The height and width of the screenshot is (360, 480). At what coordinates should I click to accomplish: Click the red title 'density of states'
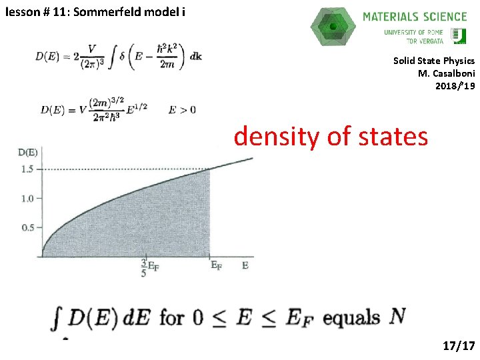click(331, 136)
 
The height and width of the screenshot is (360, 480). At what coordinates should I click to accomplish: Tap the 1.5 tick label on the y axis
click(27, 169)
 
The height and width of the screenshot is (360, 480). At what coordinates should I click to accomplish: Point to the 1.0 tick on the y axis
click(27, 198)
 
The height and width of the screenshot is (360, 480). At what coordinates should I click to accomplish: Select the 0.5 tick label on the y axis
click(27, 227)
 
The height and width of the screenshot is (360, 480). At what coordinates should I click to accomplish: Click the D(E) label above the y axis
click(27, 153)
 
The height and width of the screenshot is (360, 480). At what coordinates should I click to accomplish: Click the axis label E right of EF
click(245, 265)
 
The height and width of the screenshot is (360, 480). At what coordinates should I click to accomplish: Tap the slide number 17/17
click(459, 345)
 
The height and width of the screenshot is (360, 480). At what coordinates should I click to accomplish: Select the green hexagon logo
click(333, 27)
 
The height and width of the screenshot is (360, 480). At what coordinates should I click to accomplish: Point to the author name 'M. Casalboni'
click(446, 73)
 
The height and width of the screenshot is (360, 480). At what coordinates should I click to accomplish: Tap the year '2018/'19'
click(455, 85)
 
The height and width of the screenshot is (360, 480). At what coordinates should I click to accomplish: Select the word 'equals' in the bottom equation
click(351, 317)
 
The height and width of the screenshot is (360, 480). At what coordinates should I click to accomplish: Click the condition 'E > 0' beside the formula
click(182, 109)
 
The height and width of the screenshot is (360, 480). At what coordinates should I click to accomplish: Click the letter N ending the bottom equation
click(397, 316)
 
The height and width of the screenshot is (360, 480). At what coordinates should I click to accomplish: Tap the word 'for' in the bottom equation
click(172, 317)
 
